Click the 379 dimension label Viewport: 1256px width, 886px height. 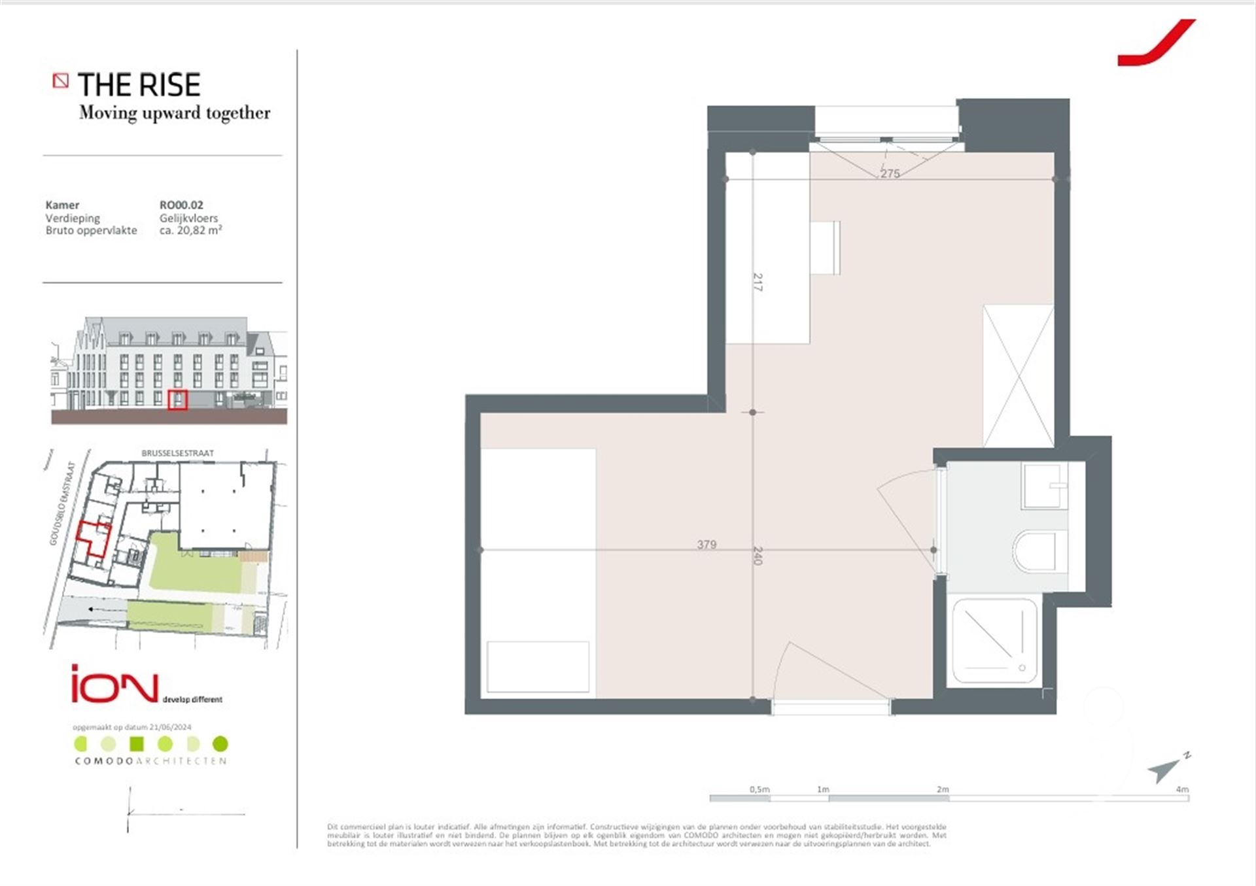pyautogui.click(x=706, y=544)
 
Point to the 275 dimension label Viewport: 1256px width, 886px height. pyautogui.click(x=890, y=173)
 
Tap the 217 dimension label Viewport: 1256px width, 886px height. pyautogui.click(x=758, y=282)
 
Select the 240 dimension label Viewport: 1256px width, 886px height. pyautogui.click(x=758, y=555)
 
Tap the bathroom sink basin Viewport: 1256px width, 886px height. pyautogui.click(x=1045, y=485)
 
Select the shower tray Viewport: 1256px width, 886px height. pyautogui.click(x=994, y=641)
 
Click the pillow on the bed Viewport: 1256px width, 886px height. pyautogui.click(x=538, y=666)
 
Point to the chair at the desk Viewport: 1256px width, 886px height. pyautogui.click(x=826, y=247)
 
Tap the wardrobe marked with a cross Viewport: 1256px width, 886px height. pyautogui.click(x=1019, y=376)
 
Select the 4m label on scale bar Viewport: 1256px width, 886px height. pyautogui.click(x=1181, y=789)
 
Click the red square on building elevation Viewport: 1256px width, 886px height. pyautogui.click(x=177, y=400)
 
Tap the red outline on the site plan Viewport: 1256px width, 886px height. pyautogui.click(x=94, y=539)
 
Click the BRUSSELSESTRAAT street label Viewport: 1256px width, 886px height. pyautogui.click(x=177, y=452)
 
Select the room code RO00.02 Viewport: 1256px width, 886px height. pyautogui.click(x=181, y=205)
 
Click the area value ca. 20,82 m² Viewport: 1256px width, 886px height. pyautogui.click(x=190, y=230)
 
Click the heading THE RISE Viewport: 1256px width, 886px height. pyautogui.click(x=139, y=85)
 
